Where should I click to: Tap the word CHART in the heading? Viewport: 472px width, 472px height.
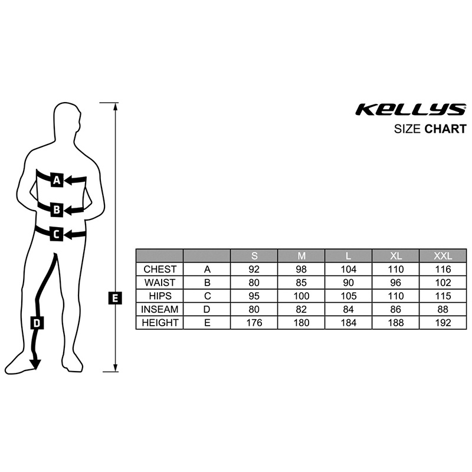445,129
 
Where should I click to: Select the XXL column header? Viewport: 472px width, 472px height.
442,256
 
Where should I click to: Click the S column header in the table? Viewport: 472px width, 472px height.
254,256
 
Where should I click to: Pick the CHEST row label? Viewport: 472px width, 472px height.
160,269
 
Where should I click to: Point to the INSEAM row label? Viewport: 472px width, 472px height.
160,309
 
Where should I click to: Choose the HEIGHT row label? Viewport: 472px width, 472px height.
160,323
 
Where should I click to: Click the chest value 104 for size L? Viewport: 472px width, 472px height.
348,269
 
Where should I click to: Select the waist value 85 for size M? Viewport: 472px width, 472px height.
301,283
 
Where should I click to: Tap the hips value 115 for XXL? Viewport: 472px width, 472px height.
442,296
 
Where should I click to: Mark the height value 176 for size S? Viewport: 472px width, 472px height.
254,323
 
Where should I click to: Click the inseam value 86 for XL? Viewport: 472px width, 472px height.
395,309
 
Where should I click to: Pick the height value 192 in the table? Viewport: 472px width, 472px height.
442,323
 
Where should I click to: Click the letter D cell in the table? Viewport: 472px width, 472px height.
207,309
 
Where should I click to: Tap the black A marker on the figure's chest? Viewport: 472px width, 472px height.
57,180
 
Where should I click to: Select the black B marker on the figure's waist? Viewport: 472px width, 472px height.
57,209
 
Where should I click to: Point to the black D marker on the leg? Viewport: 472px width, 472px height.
37,323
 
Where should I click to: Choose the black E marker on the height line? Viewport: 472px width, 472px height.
115,298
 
